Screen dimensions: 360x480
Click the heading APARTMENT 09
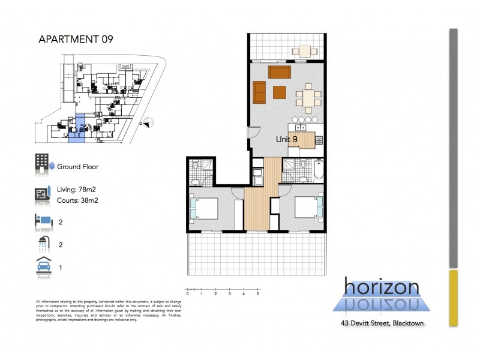click(x=75, y=40)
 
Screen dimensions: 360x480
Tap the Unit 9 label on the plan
click(x=287, y=139)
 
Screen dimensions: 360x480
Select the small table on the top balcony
click(x=304, y=50)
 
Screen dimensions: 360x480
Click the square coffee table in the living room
click(x=280, y=92)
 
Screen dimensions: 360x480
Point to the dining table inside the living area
click(x=308, y=97)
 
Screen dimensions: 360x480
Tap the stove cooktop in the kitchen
click(x=319, y=140)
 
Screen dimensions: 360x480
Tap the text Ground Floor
click(x=77, y=167)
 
